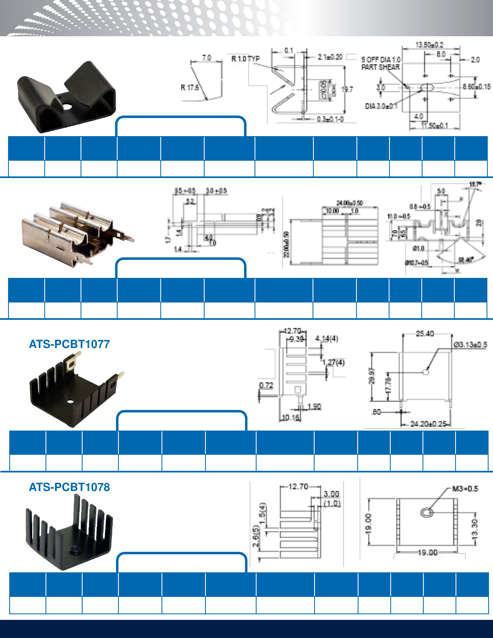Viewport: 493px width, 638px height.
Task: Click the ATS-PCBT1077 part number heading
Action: coord(69,344)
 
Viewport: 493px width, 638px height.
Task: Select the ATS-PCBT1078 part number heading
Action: coord(69,487)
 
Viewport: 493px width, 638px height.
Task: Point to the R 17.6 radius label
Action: coord(189,87)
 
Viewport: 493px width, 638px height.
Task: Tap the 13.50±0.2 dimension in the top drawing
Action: coord(429,44)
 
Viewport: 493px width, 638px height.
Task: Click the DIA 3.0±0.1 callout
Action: coord(381,106)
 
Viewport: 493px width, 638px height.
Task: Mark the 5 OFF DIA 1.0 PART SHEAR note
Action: coord(381,63)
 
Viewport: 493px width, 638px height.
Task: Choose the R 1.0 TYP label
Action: coord(245,59)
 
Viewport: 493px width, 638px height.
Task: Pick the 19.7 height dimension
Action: coord(347,89)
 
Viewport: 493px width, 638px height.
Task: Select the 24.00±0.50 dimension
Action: coord(350,203)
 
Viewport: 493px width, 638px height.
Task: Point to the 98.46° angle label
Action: coord(465,260)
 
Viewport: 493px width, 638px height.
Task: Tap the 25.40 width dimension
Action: coord(425,334)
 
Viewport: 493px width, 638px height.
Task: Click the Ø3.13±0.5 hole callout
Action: coord(470,345)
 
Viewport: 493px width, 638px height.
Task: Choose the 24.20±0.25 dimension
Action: coord(428,424)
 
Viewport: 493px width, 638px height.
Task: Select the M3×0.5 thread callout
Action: coord(465,489)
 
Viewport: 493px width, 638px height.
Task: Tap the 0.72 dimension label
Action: coord(266,385)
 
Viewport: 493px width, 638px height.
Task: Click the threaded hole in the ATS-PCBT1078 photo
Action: coord(74,549)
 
